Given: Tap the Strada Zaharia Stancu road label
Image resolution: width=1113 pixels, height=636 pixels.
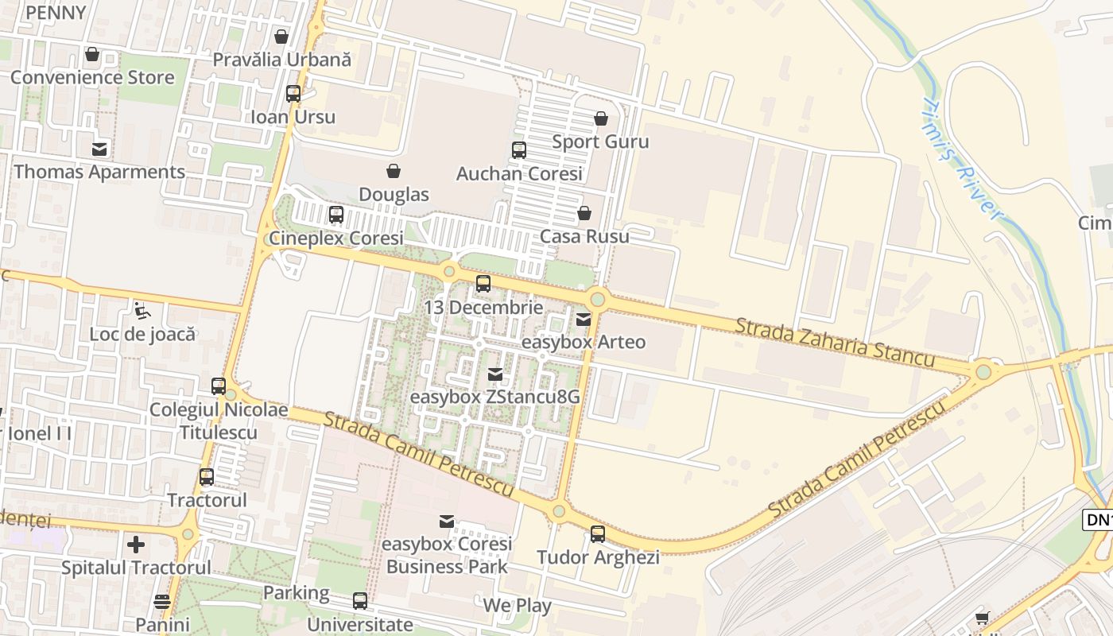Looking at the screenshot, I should pos(834,343).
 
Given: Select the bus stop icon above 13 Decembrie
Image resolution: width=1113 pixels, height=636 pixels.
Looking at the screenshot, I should pos(483,284).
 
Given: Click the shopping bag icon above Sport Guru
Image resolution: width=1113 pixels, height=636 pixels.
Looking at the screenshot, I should pos(600,118).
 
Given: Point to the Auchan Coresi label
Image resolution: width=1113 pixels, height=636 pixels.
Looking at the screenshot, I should pos(519,173).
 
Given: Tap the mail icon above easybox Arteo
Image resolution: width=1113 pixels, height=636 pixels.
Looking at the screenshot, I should pos(583,319).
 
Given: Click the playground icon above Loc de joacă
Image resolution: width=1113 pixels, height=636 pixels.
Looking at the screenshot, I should pos(142,310).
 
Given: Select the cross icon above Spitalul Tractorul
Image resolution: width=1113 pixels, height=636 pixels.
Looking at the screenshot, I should pos(136,545).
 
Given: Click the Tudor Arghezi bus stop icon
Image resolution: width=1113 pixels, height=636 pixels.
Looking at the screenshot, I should pos(597,534).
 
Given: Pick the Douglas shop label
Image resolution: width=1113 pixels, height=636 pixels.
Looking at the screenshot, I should pos(394,195).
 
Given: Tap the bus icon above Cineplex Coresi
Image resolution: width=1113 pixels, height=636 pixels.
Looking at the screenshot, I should pos(335,215).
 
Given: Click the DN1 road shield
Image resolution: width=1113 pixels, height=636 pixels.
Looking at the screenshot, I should pos(1098,520).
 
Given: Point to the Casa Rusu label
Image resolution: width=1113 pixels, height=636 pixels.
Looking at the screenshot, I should pos(584,236).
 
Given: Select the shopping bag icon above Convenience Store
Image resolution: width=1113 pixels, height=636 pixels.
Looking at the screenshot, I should pos(92,55).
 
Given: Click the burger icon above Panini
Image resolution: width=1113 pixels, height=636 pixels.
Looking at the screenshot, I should pos(162,602).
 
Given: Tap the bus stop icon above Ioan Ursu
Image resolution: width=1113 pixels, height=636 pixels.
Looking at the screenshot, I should pos(293,94).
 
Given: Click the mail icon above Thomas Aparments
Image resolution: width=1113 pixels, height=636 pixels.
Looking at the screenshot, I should pos(99,149).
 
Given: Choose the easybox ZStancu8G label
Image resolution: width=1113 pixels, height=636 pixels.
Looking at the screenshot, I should pos(494,396).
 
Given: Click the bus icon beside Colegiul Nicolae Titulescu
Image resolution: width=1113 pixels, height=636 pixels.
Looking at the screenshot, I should pos(219,386).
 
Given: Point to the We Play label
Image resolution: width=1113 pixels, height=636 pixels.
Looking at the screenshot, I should pos(517,606).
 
